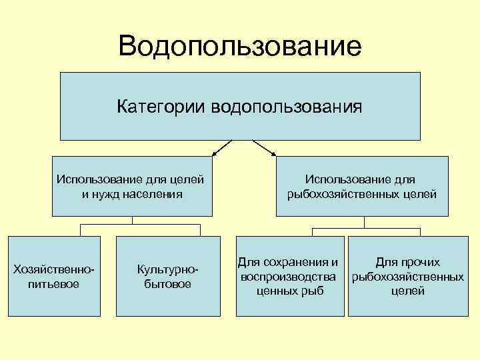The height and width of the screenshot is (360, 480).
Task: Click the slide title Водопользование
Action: (240, 46)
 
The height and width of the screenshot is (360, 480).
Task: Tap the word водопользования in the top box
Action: (287, 107)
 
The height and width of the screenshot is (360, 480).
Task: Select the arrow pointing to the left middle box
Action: (221, 148)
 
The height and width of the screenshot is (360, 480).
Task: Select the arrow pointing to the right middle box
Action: (265, 148)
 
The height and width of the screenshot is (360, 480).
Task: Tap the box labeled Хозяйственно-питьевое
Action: (54, 276)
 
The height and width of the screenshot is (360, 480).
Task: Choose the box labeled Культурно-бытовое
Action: (167, 276)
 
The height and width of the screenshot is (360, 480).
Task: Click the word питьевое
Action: (54, 284)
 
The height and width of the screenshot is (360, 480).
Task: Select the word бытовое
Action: (167, 284)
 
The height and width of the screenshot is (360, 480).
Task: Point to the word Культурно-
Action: (167, 269)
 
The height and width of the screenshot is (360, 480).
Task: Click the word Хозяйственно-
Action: (54, 269)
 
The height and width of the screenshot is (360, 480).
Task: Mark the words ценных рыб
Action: (289, 290)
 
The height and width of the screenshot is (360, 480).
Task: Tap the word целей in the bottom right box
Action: (408, 290)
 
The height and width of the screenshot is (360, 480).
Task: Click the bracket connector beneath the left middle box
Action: (133, 225)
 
